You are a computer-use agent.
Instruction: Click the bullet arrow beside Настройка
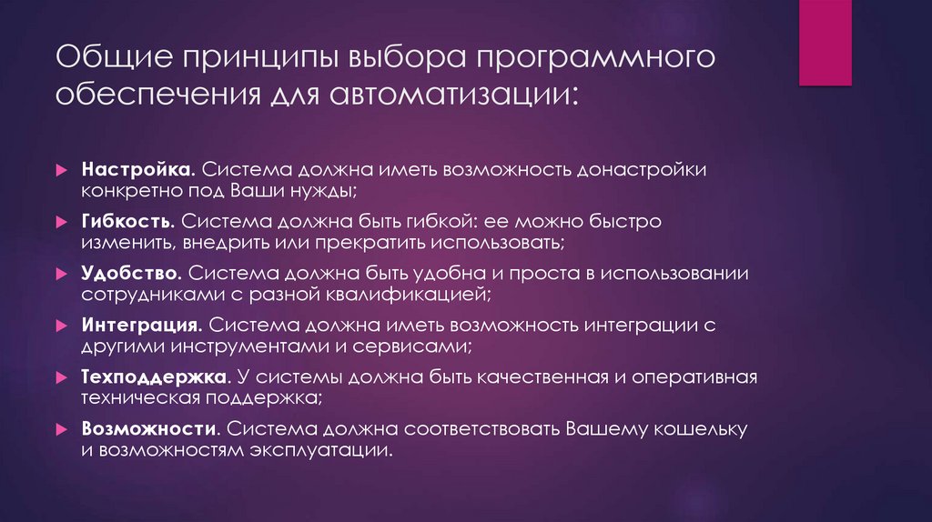click(x=60, y=171)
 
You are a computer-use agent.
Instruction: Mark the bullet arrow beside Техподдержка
click(x=60, y=376)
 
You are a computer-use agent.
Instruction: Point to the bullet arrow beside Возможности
click(x=60, y=427)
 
